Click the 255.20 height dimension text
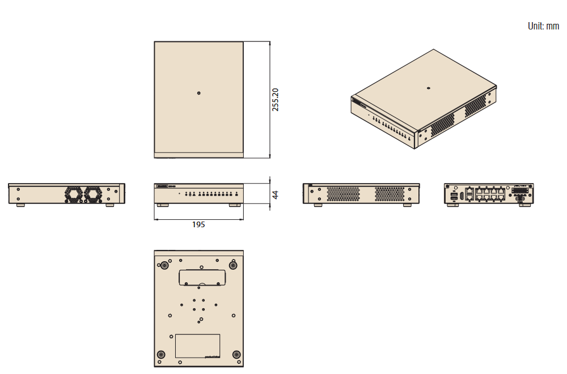(x=276, y=99)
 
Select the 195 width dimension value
(x=198, y=225)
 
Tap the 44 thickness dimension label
(x=275, y=194)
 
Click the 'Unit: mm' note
(x=543, y=26)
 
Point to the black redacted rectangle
(x=44, y=24)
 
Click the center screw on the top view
(x=198, y=93)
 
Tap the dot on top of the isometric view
(x=428, y=88)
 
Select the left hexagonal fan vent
(x=73, y=194)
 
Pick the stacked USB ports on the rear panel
(x=454, y=195)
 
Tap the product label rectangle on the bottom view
(x=197, y=346)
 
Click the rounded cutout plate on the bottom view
(x=202, y=277)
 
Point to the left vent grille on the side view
(x=344, y=193)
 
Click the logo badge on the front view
(x=162, y=186)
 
